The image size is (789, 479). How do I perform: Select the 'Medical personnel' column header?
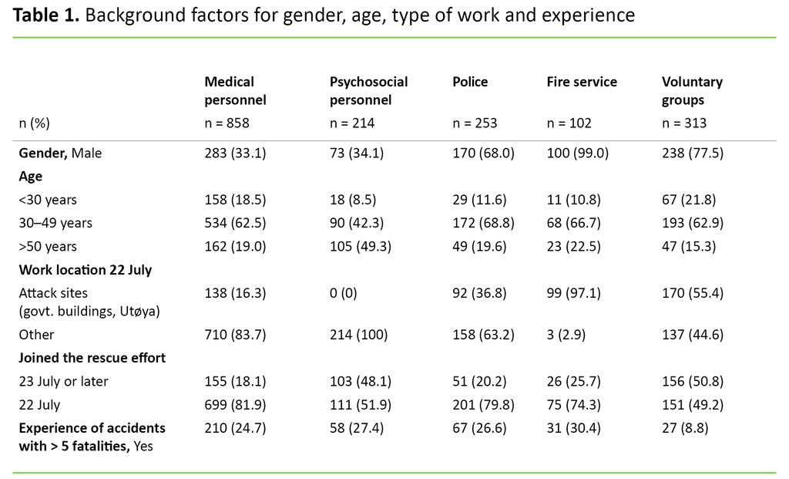point(235,91)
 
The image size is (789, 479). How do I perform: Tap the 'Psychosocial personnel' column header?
point(368,91)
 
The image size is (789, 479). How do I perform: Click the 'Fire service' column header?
point(582,82)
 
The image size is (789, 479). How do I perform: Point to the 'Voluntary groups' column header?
point(692,91)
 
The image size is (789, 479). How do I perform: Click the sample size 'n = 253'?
point(474,123)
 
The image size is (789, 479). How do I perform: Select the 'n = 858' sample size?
point(227,123)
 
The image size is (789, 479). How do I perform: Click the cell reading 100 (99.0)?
point(577,153)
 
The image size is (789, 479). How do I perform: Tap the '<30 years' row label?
point(48,200)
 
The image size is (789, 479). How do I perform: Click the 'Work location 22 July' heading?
point(86,270)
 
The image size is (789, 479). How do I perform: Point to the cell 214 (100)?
point(358,335)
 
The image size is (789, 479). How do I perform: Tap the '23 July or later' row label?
point(64,381)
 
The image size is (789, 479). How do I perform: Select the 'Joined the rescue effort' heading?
point(92,358)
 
